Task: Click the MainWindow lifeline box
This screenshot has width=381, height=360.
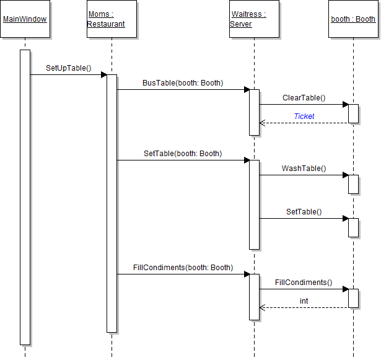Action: pyautogui.click(x=25, y=19)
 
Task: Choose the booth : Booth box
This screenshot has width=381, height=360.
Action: pyautogui.click(x=353, y=19)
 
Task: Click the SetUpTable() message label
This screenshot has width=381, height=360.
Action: pyautogui.click(x=68, y=68)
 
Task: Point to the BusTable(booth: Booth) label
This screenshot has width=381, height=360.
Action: pyautogui.click(x=183, y=82)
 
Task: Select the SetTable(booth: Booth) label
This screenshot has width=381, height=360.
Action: pyautogui.click(x=183, y=153)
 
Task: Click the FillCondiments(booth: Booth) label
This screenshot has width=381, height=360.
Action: pyautogui.click(x=183, y=268)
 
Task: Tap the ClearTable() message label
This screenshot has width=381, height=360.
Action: pyautogui.click(x=304, y=98)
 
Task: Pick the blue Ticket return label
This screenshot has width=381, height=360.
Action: pyautogui.click(x=304, y=116)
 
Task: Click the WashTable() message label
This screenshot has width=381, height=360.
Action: pyautogui.click(x=304, y=168)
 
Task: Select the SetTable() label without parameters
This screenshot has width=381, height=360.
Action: pyautogui.click(x=304, y=211)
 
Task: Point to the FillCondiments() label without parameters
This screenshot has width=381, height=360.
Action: pyautogui.click(x=304, y=283)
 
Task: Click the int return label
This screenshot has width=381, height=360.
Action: pyautogui.click(x=304, y=301)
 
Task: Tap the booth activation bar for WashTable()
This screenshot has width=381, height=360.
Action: pyautogui.click(x=353, y=184)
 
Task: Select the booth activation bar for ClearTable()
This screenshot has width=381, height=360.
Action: pyautogui.click(x=353, y=113)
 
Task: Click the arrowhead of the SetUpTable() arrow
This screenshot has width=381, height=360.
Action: pyautogui.click(x=104, y=75)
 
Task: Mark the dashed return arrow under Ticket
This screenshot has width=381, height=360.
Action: pyautogui.click(x=304, y=123)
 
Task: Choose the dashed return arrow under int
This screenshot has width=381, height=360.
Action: pyautogui.click(x=304, y=307)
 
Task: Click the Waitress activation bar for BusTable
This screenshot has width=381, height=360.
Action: pyautogui.click(x=254, y=112)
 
